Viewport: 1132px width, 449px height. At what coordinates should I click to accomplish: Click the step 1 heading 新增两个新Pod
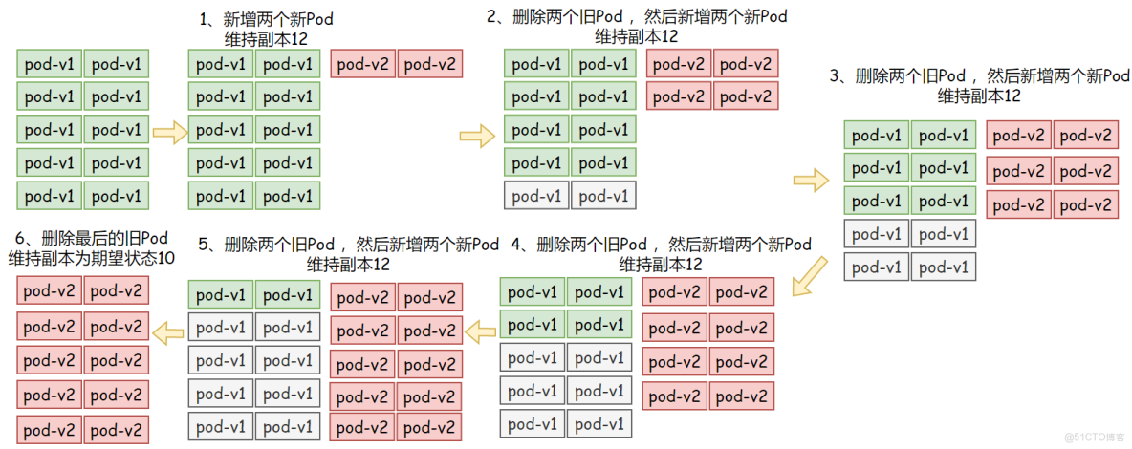pos(267,19)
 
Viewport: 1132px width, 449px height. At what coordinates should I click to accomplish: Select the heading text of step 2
pos(637,16)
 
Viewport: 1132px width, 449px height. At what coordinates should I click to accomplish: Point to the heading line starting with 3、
pos(980,76)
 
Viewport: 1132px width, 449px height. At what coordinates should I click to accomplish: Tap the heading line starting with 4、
pos(661,244)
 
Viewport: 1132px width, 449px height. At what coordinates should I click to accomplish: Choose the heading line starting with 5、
pos(348,244)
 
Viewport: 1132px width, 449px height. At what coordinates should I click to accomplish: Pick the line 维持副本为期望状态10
pos(92,258)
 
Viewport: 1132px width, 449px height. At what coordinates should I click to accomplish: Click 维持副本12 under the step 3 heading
pos(980,96)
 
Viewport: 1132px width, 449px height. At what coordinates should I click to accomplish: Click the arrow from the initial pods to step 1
pos(170,131)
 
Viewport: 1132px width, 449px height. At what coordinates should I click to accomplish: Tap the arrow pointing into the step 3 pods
pos(810,177)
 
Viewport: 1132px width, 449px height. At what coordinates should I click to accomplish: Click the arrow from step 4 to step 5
pos(481,331)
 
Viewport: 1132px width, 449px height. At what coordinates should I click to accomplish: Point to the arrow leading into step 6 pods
pos(169,332)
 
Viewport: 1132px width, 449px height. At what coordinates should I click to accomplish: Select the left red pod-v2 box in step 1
pos(363,65)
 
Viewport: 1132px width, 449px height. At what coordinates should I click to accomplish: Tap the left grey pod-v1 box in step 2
pos(536,196)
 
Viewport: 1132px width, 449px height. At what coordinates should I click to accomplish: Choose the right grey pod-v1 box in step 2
pos(603,196)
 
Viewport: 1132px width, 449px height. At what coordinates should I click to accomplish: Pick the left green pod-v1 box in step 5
pos(221,295)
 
